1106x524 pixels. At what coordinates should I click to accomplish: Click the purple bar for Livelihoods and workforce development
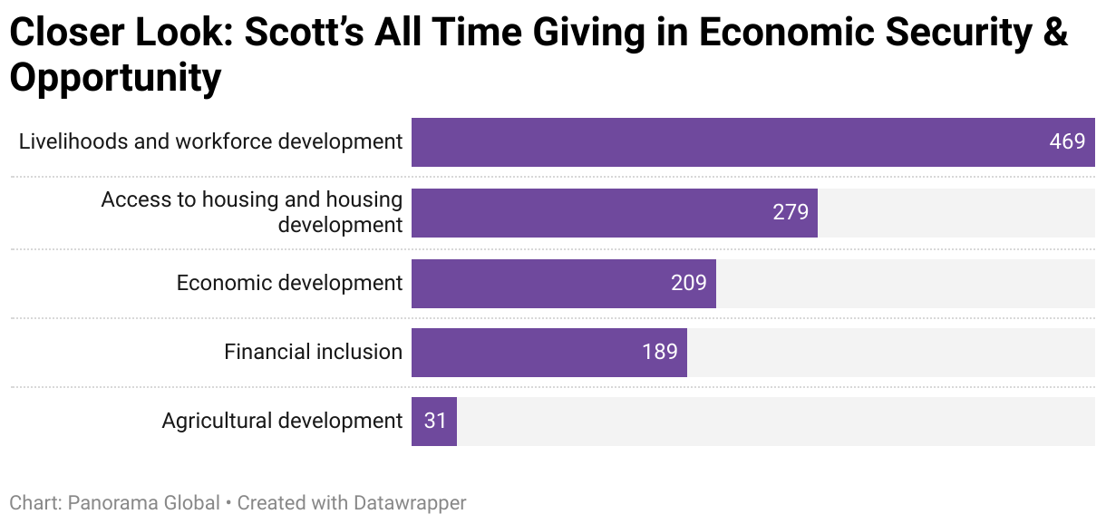725,142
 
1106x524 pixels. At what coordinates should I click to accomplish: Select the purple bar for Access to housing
589,213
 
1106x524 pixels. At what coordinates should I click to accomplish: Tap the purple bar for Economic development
544,284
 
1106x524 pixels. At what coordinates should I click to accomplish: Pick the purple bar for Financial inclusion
526,353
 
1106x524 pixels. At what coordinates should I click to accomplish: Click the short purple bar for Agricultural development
433,422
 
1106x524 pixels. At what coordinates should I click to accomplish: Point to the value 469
1067,142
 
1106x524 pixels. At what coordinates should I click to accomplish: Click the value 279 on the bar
791,213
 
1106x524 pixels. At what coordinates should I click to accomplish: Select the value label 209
689,284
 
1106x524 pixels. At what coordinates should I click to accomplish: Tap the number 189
660,353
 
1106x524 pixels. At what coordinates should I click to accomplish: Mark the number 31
435,422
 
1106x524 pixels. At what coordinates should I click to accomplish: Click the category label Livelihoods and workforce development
210,141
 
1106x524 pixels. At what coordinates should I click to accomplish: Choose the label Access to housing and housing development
252,212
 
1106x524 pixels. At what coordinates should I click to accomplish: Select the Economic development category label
289,283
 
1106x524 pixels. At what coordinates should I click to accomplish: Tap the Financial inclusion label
313,352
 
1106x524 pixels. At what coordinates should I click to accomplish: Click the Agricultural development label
282,421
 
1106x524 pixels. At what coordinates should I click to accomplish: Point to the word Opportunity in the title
115,78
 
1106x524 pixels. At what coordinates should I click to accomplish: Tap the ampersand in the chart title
1054,34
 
